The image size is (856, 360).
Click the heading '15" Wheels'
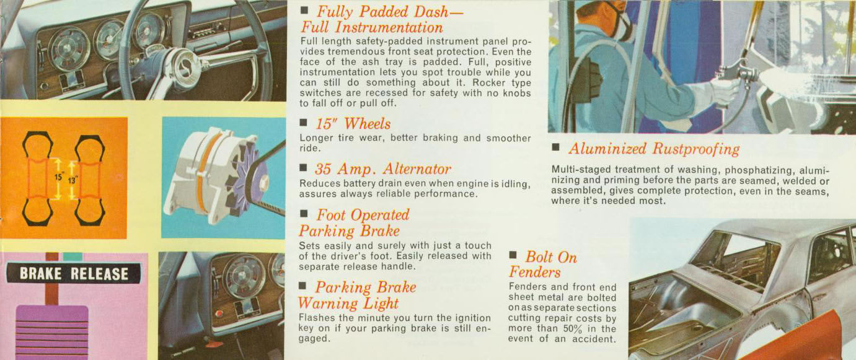353,124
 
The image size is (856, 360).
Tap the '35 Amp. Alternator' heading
383,169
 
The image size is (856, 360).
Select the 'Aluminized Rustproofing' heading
654,149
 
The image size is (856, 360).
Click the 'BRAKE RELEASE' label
74,274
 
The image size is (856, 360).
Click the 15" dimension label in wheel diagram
59,177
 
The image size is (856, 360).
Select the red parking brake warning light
219,314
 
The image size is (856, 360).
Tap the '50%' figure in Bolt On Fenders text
573,328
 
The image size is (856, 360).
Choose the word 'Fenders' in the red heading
535,272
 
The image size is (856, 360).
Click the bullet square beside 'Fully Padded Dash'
304,9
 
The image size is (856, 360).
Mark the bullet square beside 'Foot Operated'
304,213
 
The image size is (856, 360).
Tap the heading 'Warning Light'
348,303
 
